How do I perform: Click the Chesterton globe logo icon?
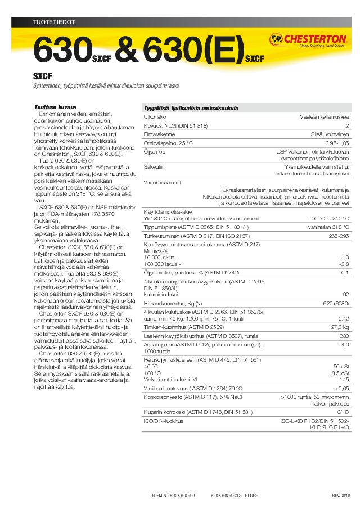tap(277, 39)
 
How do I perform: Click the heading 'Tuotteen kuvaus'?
tap(55, 106)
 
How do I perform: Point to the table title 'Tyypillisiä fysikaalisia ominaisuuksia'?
tap(191, 108)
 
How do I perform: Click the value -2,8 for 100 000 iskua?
tap(344, 263)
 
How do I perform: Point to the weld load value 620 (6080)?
tap(336, 303)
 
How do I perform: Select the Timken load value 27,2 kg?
tap(339, 327)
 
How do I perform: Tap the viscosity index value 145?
tap(344, 379)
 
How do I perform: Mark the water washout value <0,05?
tap(341, 388)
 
